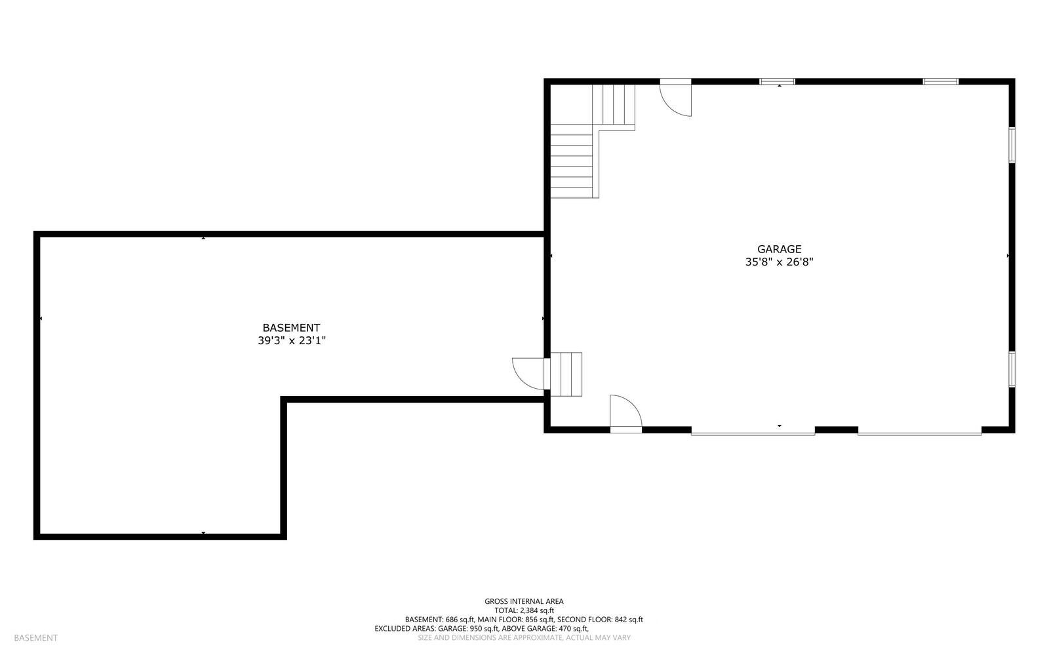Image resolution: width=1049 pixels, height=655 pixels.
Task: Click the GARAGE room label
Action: click(779, 249)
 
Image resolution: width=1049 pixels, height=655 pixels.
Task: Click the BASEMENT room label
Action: click(291, 328)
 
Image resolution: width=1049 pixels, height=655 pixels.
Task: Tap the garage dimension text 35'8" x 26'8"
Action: click(779, 262)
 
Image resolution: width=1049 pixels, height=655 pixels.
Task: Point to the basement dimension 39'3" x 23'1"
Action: click(291, 341)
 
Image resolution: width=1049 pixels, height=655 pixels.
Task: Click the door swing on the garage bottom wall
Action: click(625, 413)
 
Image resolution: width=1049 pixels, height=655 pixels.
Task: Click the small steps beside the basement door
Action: click(566, 374)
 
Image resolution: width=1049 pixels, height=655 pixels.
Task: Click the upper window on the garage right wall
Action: click(1012, 145)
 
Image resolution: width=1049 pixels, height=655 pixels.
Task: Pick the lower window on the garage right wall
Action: click(1012, 368)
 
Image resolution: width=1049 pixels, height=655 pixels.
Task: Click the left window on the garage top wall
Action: click(777, 82)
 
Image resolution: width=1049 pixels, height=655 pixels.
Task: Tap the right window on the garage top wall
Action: click(940, 82)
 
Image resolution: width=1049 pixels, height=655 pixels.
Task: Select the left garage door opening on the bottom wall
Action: click(753, 431)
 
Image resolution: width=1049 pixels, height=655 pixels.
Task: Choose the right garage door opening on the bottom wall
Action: click(919, 431)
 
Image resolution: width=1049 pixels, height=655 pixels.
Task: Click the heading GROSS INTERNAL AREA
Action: click(524, 601)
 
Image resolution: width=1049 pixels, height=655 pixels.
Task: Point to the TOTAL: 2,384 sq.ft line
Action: click(524, 610)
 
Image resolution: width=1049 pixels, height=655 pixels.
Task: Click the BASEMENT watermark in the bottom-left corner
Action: click(35, 638)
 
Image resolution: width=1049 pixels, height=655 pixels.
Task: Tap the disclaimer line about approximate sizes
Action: click(524, 638)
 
